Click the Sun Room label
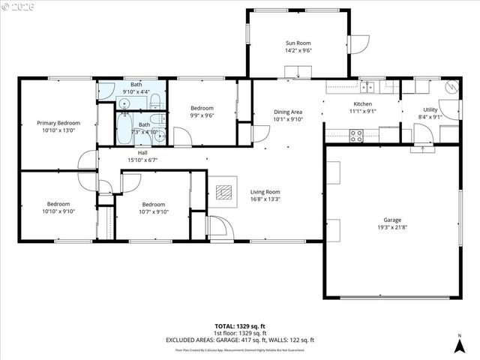[x=298, y=43]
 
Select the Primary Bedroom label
[x=58, y=123]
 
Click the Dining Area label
[x=287, y=112]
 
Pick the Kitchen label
[x=363, y=104]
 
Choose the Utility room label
[x=430, y=109]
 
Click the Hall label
[x=142, y=153]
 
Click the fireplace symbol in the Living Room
[x=223, y=190]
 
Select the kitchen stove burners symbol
[x=356, y=136]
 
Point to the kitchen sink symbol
[x=367, y=85]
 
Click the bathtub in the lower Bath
[x=125, y=130]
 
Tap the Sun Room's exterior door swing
[x=357, y=44]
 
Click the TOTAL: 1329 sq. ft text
[x=240, y=327]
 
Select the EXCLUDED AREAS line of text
[x=240, y=340]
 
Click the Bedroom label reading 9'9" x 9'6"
[x=202, y=108]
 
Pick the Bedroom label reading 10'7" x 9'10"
[x=154, y=205]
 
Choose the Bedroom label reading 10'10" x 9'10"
[x=58, y=204]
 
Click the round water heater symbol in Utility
[x=451, y=86]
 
